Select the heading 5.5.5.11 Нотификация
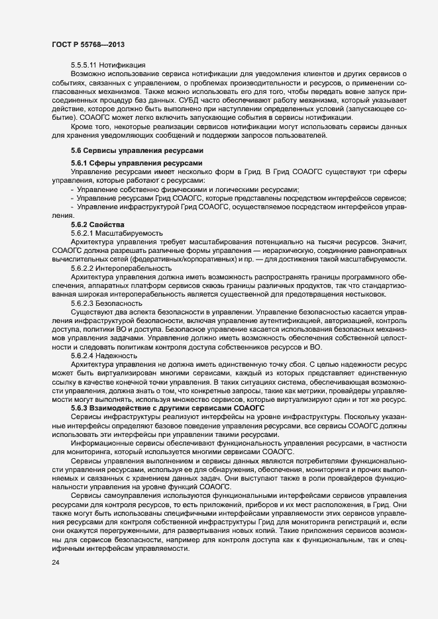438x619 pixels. (x=108, y=64)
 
